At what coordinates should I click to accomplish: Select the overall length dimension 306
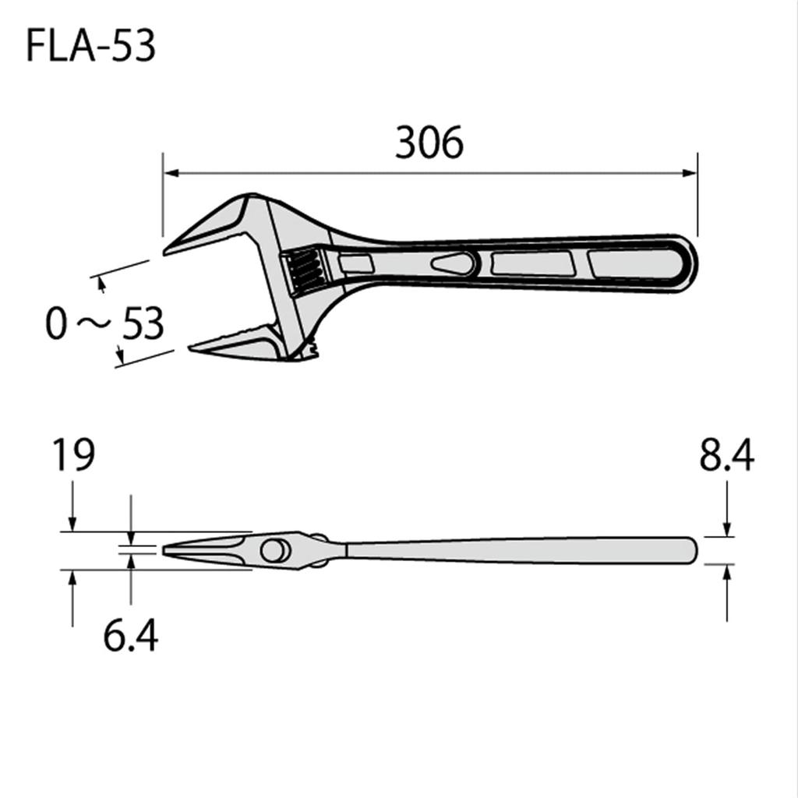pos(429,143)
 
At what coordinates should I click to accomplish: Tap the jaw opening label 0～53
pos(104,323)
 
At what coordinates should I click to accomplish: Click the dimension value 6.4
pos(130,636)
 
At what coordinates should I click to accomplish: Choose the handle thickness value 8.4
pos(726,456)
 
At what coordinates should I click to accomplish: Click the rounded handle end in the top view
pos(686,263)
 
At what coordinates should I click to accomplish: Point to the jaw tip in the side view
pos(166,550)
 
